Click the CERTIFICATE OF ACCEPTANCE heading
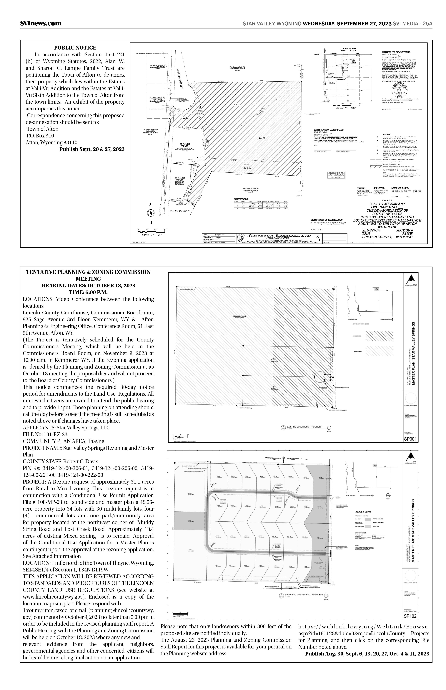[329, 130]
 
